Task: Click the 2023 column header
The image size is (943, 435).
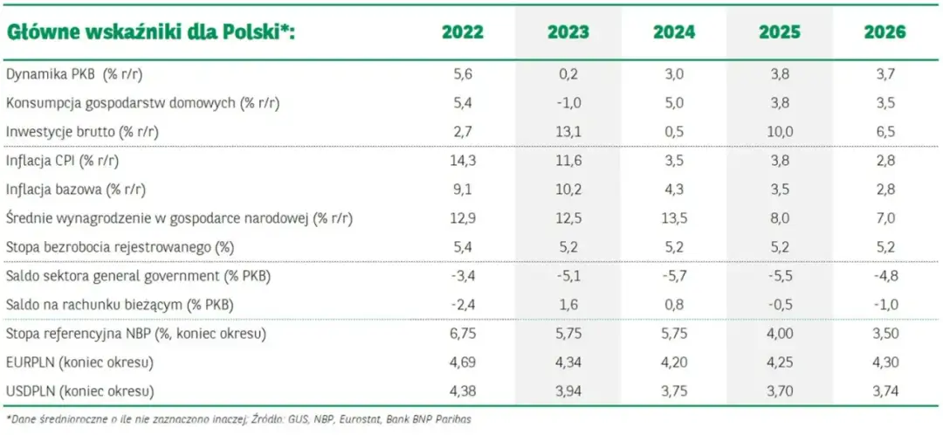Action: point(568,33)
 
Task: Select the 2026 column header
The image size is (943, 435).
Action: point(884,33)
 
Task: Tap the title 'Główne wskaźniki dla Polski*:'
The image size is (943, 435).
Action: point(151,33)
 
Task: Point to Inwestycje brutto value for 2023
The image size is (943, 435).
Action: point(568,131)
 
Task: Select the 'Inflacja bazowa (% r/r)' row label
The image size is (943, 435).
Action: point(76,190)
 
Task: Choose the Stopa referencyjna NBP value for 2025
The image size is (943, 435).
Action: point(779,333)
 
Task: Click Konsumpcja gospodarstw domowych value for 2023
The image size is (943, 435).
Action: point(568,103)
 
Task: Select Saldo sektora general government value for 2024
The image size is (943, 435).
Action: point(673,276)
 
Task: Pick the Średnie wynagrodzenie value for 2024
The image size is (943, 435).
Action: point(673,217)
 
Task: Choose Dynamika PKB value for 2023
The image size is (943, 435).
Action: point(568,75)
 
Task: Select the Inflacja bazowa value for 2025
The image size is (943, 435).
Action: point(779,190)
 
